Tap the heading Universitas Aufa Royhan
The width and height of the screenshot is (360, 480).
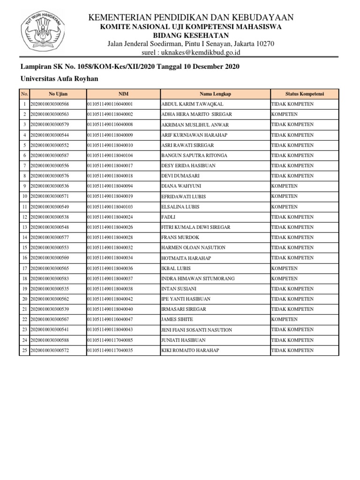[x=59, y=79]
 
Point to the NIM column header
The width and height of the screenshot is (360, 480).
[x=123, y=94]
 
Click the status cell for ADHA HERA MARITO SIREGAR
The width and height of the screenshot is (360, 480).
[x=284, y=114]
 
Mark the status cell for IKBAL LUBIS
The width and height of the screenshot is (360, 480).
[x=284, y=269]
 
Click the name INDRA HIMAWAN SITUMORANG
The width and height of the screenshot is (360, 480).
[x=197, y=279]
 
